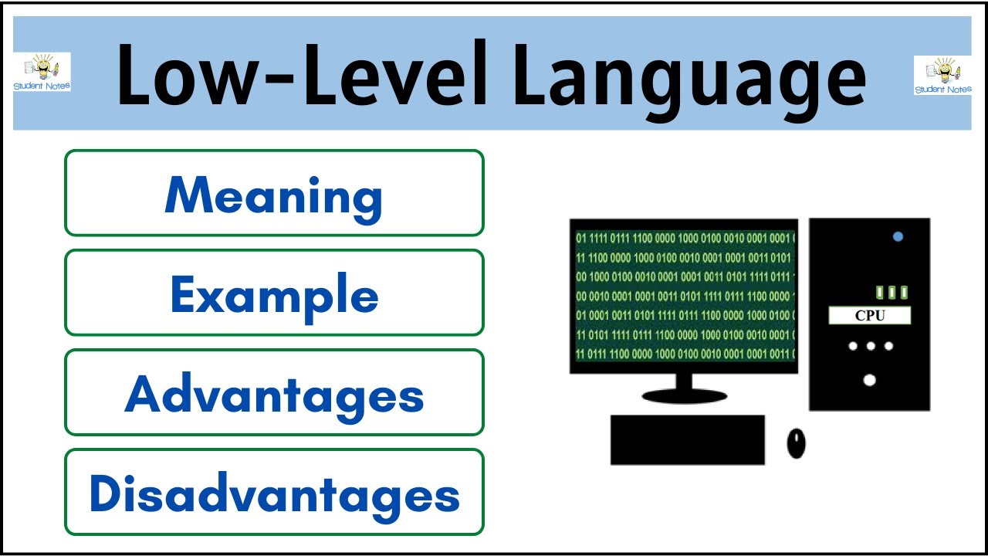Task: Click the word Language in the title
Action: [690, 80]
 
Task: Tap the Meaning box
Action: [274, 193]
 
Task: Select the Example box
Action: [274, 293]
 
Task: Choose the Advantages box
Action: [274, 392]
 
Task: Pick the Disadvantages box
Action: [274, 492]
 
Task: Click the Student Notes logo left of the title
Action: [42, 72]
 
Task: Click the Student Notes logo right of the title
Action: [942, 75]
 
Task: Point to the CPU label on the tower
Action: [870, 316]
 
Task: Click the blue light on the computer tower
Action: [898, 236]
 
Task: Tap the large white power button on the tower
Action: [869, 380]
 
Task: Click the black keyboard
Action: [688, 439]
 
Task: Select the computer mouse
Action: [796, 443]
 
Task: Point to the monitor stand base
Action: [684, 396]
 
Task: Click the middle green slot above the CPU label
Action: [892, 292]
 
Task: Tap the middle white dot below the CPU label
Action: [871, 346]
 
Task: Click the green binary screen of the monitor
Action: [685, 296]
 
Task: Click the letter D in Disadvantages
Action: [104, 493]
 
